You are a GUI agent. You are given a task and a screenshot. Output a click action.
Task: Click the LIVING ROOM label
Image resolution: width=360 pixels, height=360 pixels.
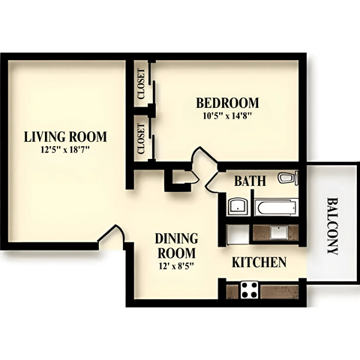point(65,136)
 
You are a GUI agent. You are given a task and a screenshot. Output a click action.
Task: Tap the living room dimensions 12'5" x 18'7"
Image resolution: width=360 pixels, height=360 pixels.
point(65,149)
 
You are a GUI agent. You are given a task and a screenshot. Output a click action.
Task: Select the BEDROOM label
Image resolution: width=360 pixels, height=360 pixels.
point(227,103)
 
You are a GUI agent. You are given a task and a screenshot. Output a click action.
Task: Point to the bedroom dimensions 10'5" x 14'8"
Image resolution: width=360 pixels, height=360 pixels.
point(227,115)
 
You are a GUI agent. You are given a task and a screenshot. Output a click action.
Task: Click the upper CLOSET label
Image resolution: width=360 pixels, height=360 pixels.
point(141,84)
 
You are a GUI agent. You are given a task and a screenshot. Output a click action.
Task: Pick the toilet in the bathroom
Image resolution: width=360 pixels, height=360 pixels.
point(287,178)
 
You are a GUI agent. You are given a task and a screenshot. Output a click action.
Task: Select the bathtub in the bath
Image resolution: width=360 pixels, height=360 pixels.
point(276,206)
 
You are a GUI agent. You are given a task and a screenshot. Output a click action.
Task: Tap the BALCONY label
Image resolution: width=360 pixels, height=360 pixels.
point(332,226)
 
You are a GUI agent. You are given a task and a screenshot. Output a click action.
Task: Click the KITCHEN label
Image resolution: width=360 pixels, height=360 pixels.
point(259,262)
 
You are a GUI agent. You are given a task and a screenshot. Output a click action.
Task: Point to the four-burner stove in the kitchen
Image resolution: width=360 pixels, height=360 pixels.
point(249,289)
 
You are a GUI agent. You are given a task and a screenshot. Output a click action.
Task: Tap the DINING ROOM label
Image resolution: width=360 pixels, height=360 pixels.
point(175,245)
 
